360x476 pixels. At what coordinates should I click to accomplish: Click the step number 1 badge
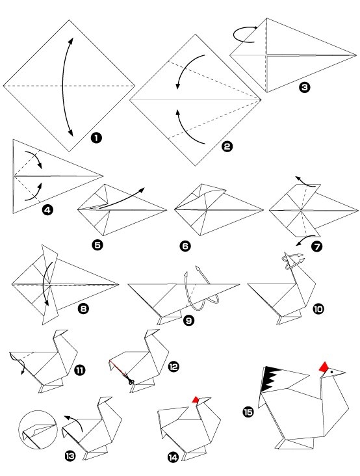(x=96, y=137)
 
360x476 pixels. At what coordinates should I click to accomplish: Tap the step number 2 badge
(x=227, y=147)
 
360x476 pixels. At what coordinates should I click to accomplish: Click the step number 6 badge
(x=185, y=246)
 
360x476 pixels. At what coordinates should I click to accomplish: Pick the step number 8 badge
(x=83, y=310)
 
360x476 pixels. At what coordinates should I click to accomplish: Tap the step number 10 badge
(x=318, y=310)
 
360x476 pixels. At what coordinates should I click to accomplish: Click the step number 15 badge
(x=249, y=412)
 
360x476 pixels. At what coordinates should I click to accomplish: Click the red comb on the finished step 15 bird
(x=324, y=365)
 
